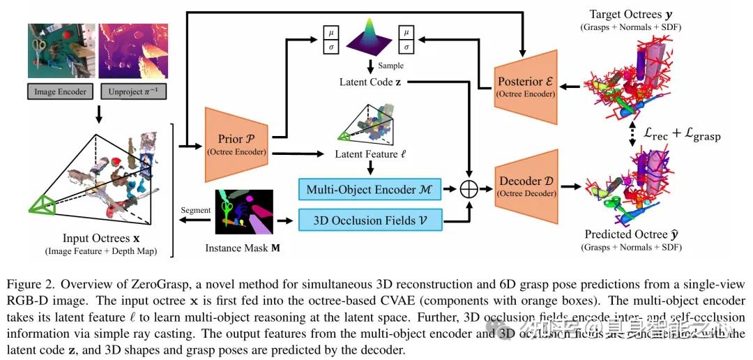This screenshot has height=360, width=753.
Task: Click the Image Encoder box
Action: [60, 91]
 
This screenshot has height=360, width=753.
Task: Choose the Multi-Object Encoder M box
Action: [371, 189]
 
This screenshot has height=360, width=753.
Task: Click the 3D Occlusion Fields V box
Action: [371, 221]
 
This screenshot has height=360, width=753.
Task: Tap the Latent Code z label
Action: [367, 82]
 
